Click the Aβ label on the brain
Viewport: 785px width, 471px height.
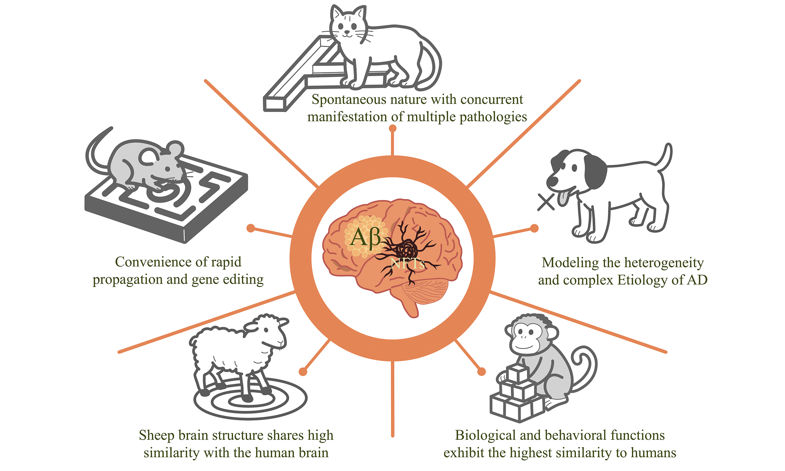[365, 237]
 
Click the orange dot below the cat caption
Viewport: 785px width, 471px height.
[392, 128]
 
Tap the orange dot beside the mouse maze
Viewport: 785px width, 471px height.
[251, 228]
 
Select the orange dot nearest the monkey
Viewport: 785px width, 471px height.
[481, 371]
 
